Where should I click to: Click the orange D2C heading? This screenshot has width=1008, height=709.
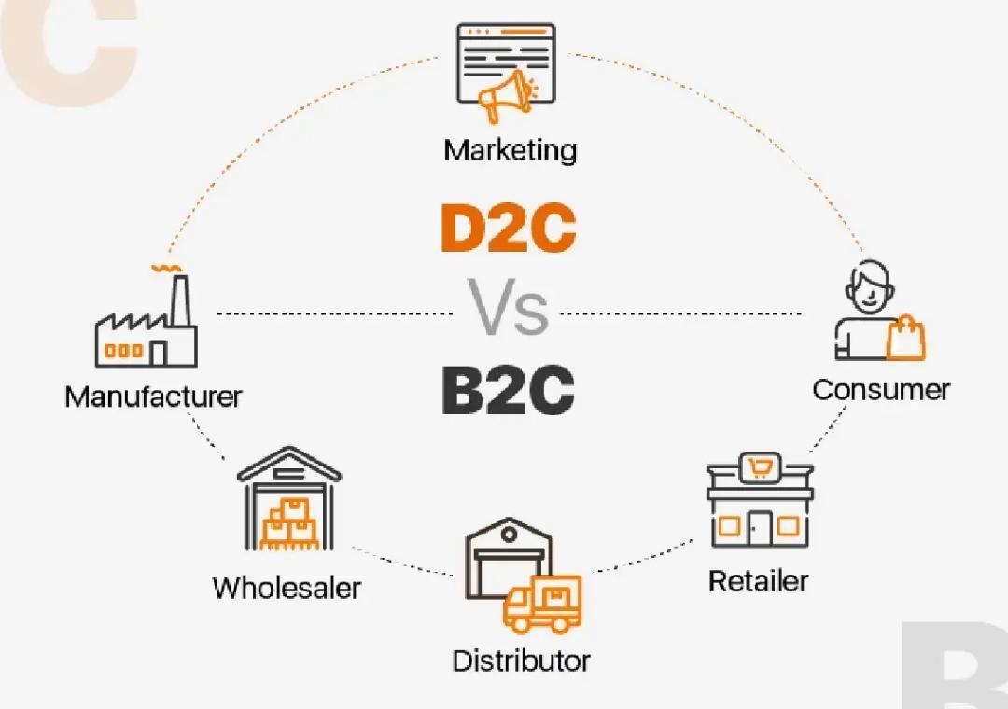pyautogui.click(x=508, y=229)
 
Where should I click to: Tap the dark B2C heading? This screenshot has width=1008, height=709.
pyautogui.click(x=508, y=391)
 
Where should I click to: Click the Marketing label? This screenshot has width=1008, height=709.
pyautogui.click(x=510, y=149)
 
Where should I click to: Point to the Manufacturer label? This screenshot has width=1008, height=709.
pyautogui.click(x=153, y=396)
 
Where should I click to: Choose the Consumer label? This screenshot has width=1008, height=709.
pyautogui.click(x=880, y=389)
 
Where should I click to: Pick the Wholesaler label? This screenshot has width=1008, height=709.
pyautogui.click(x=287, y=588)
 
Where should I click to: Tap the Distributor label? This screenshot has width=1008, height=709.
pyautogui.click(x=521, y=660)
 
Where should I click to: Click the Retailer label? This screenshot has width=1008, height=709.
pyautogui.click(x=758, y=580)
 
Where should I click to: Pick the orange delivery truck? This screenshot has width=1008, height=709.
pyautogui.click(x=543, y=604)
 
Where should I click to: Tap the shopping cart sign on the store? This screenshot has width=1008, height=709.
pyautogui.click(x=758, y=466)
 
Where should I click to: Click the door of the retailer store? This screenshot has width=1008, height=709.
pyautogui.click(x=758, y=528)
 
